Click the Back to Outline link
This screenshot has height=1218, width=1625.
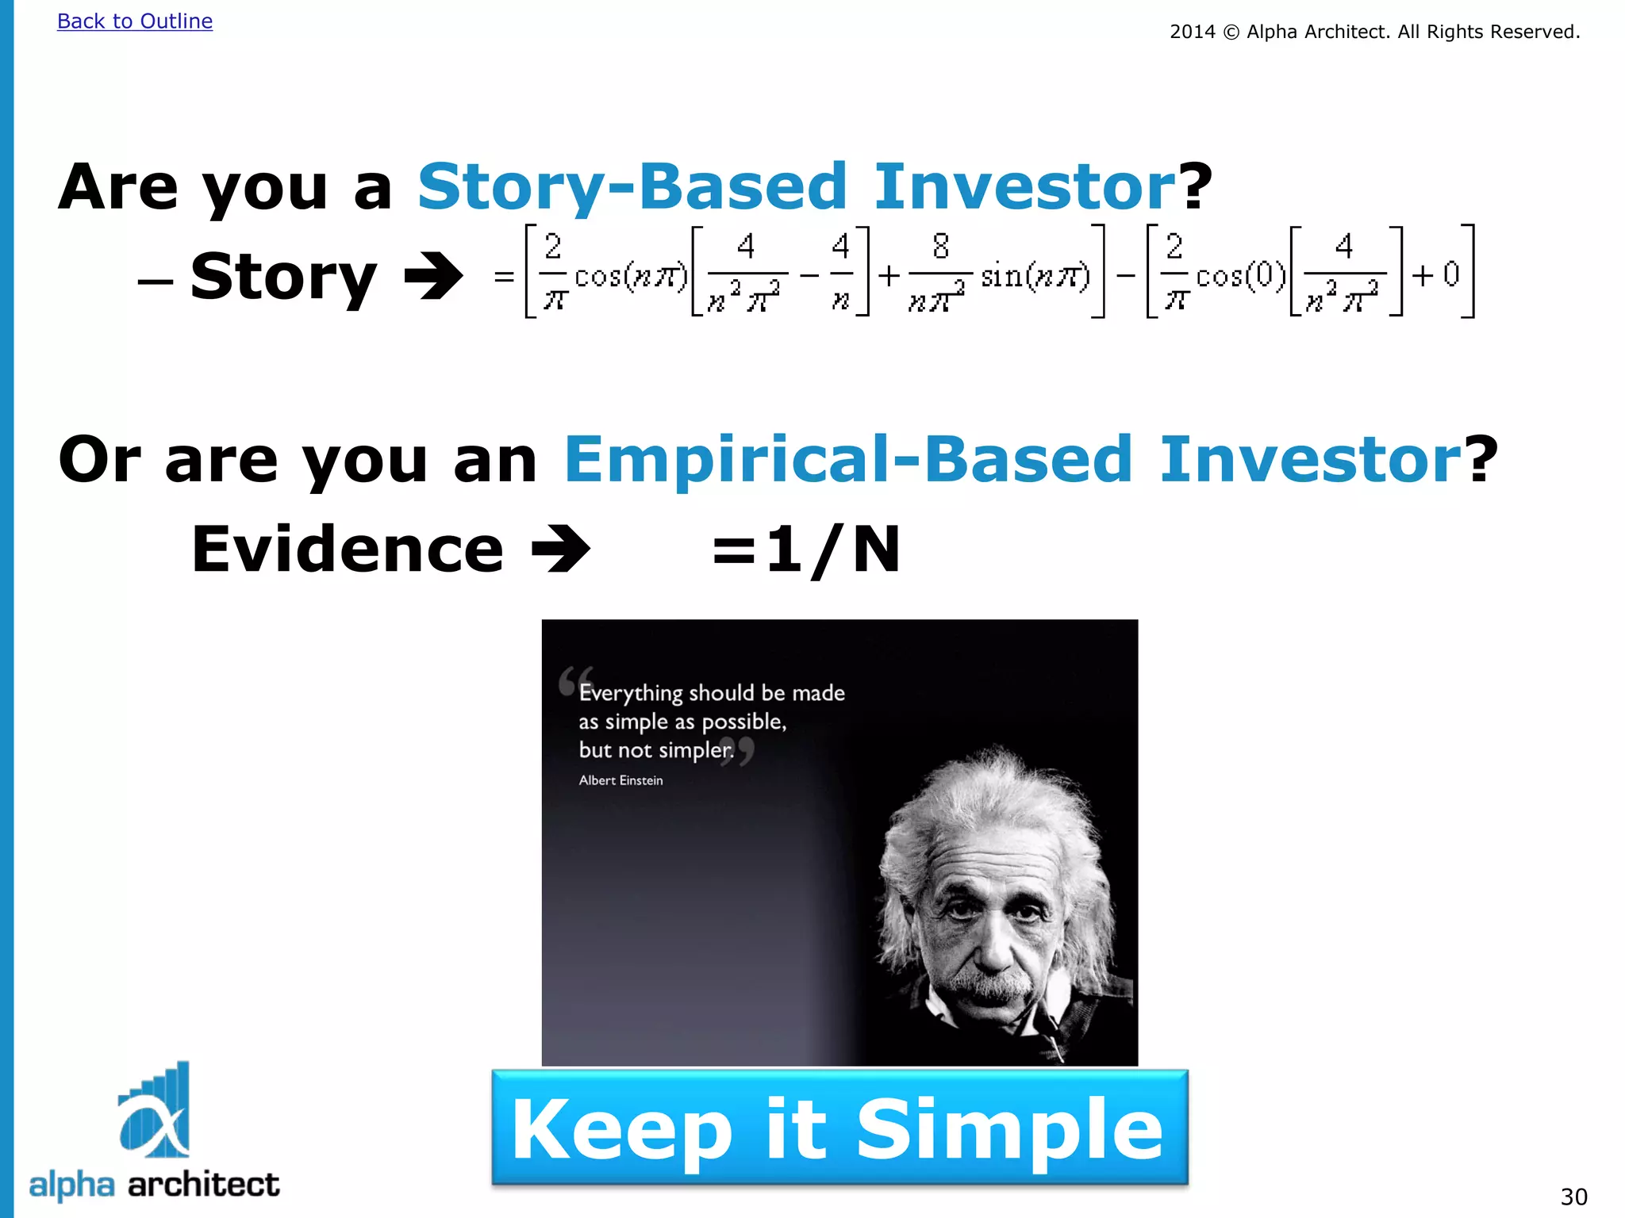[135, 21]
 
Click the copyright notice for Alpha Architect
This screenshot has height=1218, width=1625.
[1374, 32]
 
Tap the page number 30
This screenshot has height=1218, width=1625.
[1573, 1196]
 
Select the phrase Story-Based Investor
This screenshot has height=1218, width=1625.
[796, 187]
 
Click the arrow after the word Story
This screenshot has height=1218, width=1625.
[433, 276]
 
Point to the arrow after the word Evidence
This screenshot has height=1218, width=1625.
[560, 549]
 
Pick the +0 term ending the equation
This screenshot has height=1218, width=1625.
[1436, 274]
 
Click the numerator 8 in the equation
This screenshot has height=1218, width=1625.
[940, 247]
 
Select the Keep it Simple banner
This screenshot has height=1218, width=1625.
[839, 1128]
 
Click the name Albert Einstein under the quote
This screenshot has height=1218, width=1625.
[620, 780]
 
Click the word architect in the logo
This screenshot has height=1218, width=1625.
[203, 1185]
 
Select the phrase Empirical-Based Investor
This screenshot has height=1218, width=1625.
[1012, 460]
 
